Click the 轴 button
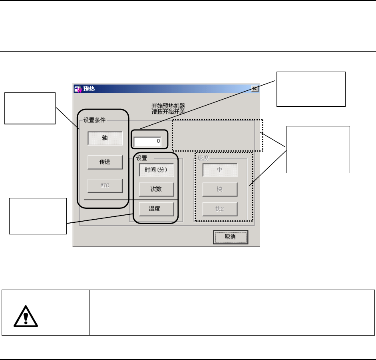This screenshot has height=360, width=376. [x=104, y=138]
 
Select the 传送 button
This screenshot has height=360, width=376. [x=104, y=162]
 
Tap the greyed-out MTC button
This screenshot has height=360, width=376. [x=104, y=186]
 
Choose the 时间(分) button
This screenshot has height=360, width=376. [x=156, y=170]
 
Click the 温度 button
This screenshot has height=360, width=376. [x=156, y=208]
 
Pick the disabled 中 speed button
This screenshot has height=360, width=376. [x=220, y=170]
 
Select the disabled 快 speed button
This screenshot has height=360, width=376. [x=220, y=189]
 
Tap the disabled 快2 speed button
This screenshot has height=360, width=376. [x=220, y=209]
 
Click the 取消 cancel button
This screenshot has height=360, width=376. [x=230, y=237]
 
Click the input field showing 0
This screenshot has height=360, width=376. [x=147, y=141]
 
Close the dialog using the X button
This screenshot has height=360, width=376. [x=254, y=89]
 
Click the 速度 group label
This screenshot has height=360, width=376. [x=203, y=158]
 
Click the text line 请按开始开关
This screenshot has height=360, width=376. [x=165, y=112]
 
